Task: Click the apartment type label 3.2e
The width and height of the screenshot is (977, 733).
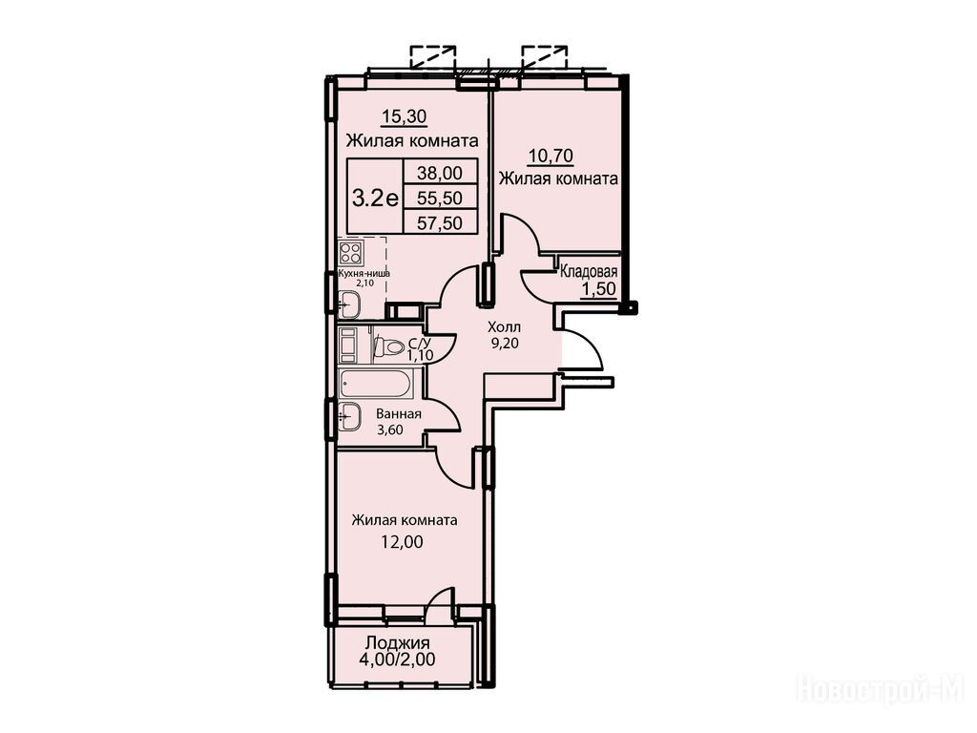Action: [376, 198]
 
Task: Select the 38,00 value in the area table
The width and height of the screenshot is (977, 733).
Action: [440, 172]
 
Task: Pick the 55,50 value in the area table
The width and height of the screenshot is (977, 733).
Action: [440, 198]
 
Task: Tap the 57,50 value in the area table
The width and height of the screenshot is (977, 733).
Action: [440, 222]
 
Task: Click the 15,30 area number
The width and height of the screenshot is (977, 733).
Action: [404, 115]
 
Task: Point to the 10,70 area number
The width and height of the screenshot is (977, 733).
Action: [551, 155]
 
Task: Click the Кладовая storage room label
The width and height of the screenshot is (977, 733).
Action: [589, 272]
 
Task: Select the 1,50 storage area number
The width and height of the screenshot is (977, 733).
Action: [598, 288]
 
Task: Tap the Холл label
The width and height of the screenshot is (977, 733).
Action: [504, 326]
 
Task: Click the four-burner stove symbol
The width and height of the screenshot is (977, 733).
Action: [350, 253]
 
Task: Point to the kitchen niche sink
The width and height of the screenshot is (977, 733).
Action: [348, 304]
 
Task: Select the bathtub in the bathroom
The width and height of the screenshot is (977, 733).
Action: [375, 383]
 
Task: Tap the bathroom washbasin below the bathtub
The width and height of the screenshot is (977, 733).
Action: [349, 414]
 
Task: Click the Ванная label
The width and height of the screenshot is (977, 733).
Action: [399, 414]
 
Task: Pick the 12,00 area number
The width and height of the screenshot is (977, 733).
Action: [402, 542]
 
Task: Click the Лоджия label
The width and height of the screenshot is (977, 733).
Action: [398, 642]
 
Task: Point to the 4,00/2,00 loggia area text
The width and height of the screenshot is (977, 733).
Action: [397, 660]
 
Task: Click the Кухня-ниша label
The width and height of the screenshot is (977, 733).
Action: [364, 273]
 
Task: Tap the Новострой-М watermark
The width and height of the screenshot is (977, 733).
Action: [881, 690]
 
